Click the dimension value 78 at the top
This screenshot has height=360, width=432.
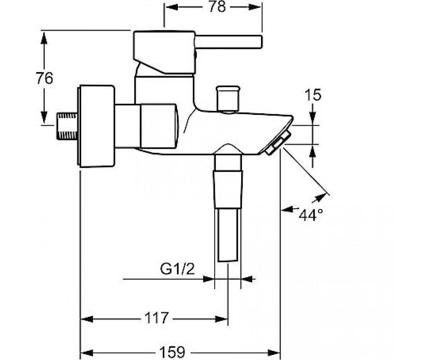click(217, 8)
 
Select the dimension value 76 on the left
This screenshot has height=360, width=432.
click(44, 78)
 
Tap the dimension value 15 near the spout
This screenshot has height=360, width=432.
click(313, 95)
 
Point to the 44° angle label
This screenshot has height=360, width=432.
click(311, 215)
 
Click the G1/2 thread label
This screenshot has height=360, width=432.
click(177, 269)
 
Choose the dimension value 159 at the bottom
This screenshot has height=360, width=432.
click(172, 352)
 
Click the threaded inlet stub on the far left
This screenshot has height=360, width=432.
click(67, 126)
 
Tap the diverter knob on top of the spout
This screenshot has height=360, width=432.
click(228, 99)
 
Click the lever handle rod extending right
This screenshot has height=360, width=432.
click(229, 42)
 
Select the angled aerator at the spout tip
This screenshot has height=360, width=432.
click(277, 143)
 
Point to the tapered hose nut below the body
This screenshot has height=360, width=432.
click(228, 189)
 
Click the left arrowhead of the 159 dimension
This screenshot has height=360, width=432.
click(86, 352)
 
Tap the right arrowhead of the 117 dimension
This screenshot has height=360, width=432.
click(221, 319)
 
